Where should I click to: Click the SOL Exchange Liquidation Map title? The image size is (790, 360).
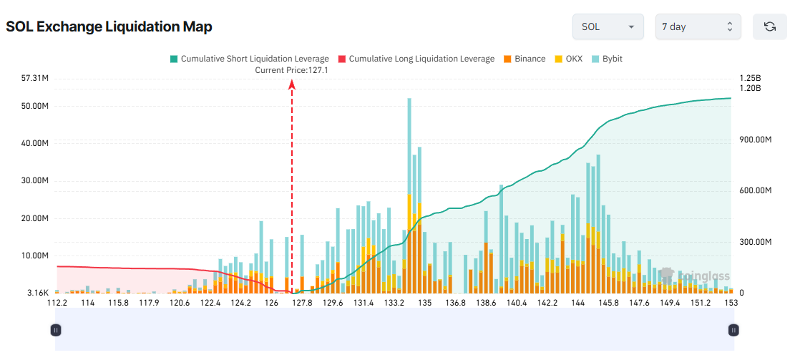tap(109, 26)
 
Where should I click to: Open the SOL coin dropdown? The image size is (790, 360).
tap(608, 26)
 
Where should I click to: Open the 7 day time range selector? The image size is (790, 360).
tap(698, 26)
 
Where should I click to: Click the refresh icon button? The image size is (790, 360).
tap(769, 26)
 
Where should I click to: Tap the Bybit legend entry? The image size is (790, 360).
tap(608, 59)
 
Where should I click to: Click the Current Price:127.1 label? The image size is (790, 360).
tap(291, 70)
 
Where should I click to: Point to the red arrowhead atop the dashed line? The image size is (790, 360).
tap(292, 84)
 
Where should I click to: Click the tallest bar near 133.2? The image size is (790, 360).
tap(409, 143)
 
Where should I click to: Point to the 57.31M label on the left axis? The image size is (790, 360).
tap(35, 78)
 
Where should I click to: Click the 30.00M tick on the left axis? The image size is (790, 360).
tap(35, 180)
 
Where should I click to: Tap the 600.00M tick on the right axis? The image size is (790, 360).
tap(755, 190)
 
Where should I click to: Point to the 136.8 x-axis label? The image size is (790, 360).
tap(455, 303)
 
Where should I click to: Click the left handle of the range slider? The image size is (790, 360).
tap(56, 330)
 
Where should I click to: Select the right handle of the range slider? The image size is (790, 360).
tap(733, 330)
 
